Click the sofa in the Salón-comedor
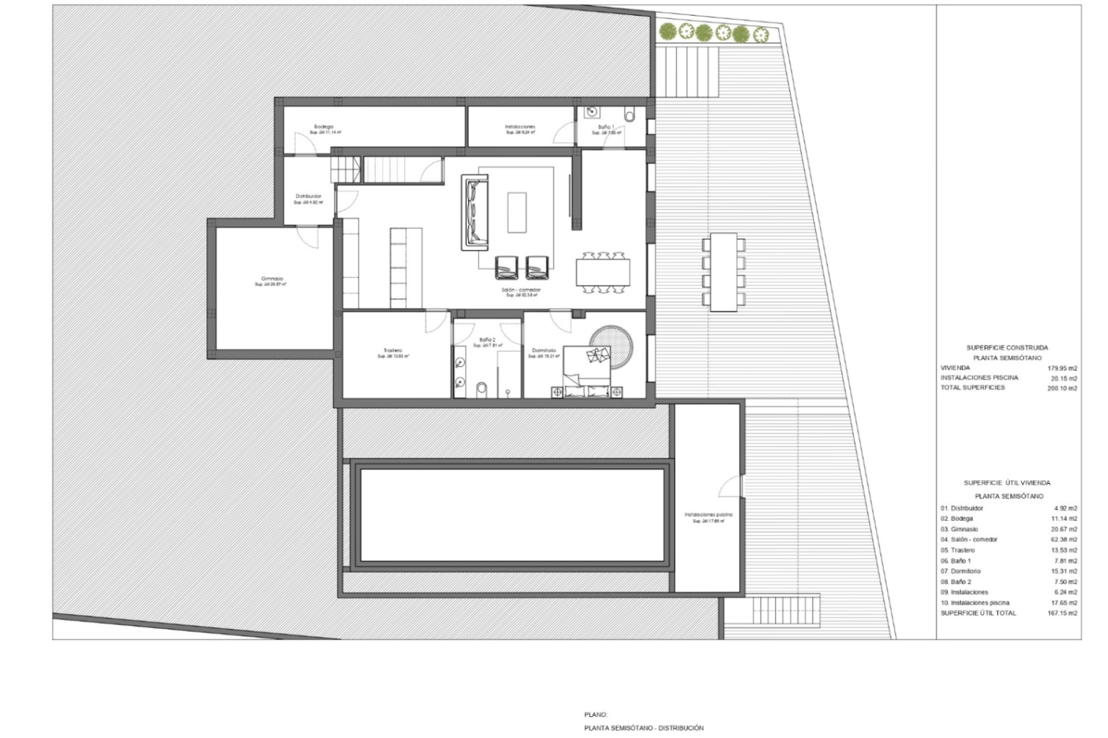pyautogui.click(x=475, y=213)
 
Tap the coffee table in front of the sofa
pyautogui.click(x=516, y=212)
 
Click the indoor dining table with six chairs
pyautogui.click(x=602, y=272)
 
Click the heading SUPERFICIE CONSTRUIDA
pyautogui.click(x=1007, y=348)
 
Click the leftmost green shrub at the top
pyautogui.click(x=668, y=32)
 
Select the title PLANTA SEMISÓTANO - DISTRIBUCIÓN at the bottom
pyautogui.click(x=643, y=728)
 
